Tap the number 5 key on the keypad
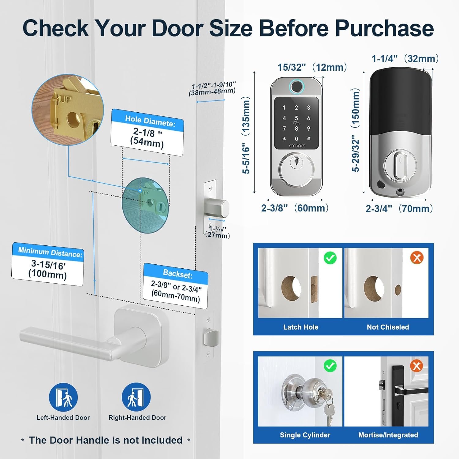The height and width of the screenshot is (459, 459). coord(296,118)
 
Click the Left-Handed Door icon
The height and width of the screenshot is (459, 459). coord(63,397)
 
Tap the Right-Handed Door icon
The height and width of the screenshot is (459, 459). coord(136,397)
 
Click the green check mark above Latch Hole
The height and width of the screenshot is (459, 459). coord(330,258)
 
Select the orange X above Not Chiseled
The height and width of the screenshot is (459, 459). coord(417,258)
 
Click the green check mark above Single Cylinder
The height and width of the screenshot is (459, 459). coord(330,366)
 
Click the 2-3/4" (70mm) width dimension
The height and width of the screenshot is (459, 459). coord(399,209)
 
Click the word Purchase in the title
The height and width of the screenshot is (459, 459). coord(384,28)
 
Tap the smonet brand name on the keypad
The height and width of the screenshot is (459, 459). coord(297,146)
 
